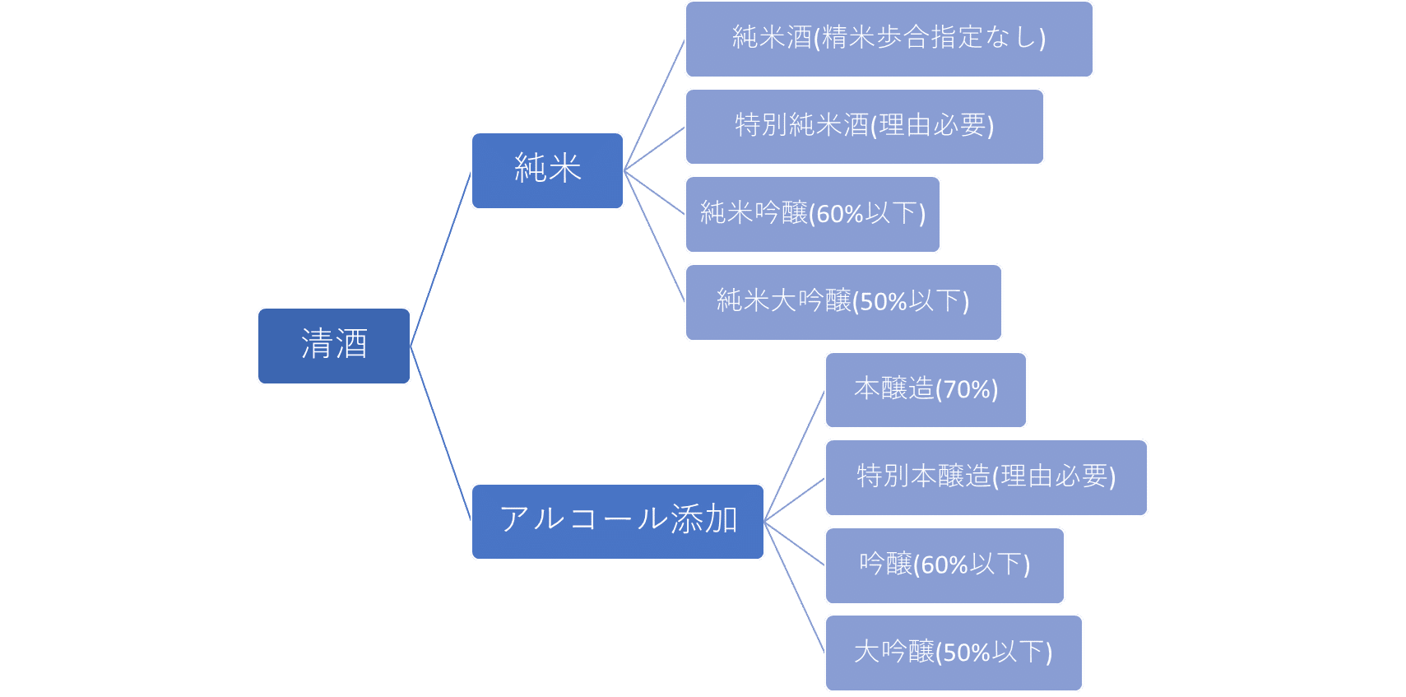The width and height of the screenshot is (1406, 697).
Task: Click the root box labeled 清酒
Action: point(333,346)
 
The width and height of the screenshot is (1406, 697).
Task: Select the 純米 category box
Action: point(547,170)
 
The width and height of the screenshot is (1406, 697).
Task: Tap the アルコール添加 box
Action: point(617,521)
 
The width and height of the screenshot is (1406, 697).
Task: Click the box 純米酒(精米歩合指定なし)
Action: point(889,39)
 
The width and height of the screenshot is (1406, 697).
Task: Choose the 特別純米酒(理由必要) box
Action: point(864,126)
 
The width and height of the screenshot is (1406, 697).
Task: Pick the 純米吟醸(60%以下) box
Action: point(812,214)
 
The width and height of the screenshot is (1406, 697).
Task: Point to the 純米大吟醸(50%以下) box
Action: point(843,302)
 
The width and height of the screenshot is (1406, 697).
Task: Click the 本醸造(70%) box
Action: point(926,389)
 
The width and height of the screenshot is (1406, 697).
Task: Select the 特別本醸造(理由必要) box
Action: point(986,477)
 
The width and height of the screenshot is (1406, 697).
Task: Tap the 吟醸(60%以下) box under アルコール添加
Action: point(944,565)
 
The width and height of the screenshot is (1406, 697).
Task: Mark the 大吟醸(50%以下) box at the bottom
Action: point(953,653)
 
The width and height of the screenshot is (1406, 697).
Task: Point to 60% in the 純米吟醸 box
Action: point(839,215)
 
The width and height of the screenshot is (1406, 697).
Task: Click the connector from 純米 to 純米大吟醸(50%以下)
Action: point(655,236)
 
